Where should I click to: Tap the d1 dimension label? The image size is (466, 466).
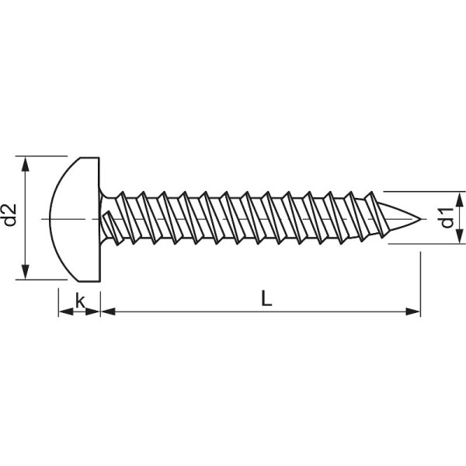446,218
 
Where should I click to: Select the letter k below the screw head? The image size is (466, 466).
80,300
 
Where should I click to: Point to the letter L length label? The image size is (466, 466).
266,299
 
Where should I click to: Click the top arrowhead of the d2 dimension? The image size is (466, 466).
26,164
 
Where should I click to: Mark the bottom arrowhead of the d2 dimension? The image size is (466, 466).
26,271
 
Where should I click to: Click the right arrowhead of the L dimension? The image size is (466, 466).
413,311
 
